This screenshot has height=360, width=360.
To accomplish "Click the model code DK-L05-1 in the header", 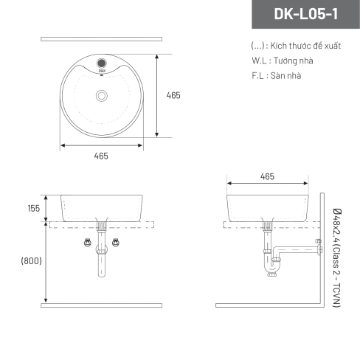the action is (306, 14).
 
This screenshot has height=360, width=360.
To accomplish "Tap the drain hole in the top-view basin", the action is (102, 95).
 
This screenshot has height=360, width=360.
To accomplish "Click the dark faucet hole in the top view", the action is (102, 63).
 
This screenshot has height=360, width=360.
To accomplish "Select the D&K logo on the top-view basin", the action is (102, 71).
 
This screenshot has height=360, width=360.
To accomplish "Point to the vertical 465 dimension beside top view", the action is (173, 95).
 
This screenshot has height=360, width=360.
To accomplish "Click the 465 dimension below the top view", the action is (101, 156).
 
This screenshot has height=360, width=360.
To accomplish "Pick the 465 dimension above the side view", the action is (267, 176).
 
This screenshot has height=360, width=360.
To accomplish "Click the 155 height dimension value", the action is (34, 209).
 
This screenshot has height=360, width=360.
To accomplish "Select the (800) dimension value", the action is (31, 260).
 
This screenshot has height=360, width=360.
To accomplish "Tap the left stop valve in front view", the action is (87, 243).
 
